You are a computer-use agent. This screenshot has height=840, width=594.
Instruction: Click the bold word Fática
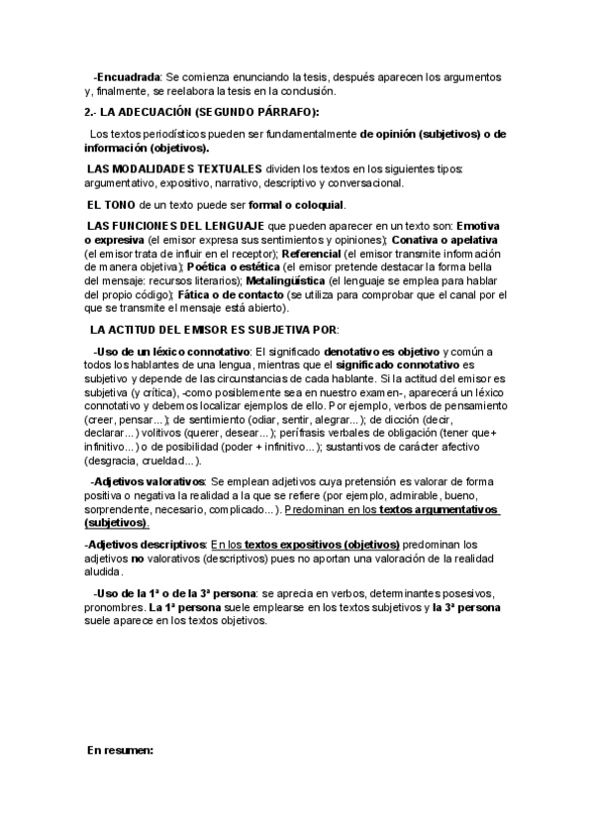coord(197,294)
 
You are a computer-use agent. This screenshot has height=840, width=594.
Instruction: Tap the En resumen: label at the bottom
coord(120,752)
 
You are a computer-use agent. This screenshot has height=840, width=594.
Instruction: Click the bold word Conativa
coord(422,241)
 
